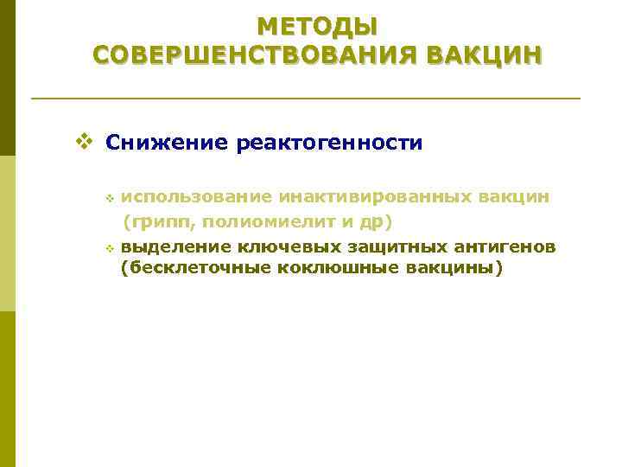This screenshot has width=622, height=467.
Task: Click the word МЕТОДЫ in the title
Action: point(317,26)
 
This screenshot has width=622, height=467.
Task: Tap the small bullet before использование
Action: point(110,199)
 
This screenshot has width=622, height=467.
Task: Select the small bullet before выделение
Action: point(110,249)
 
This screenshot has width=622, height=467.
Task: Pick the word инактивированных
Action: point(370,197)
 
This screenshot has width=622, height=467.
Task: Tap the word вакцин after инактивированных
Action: point(515,197)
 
